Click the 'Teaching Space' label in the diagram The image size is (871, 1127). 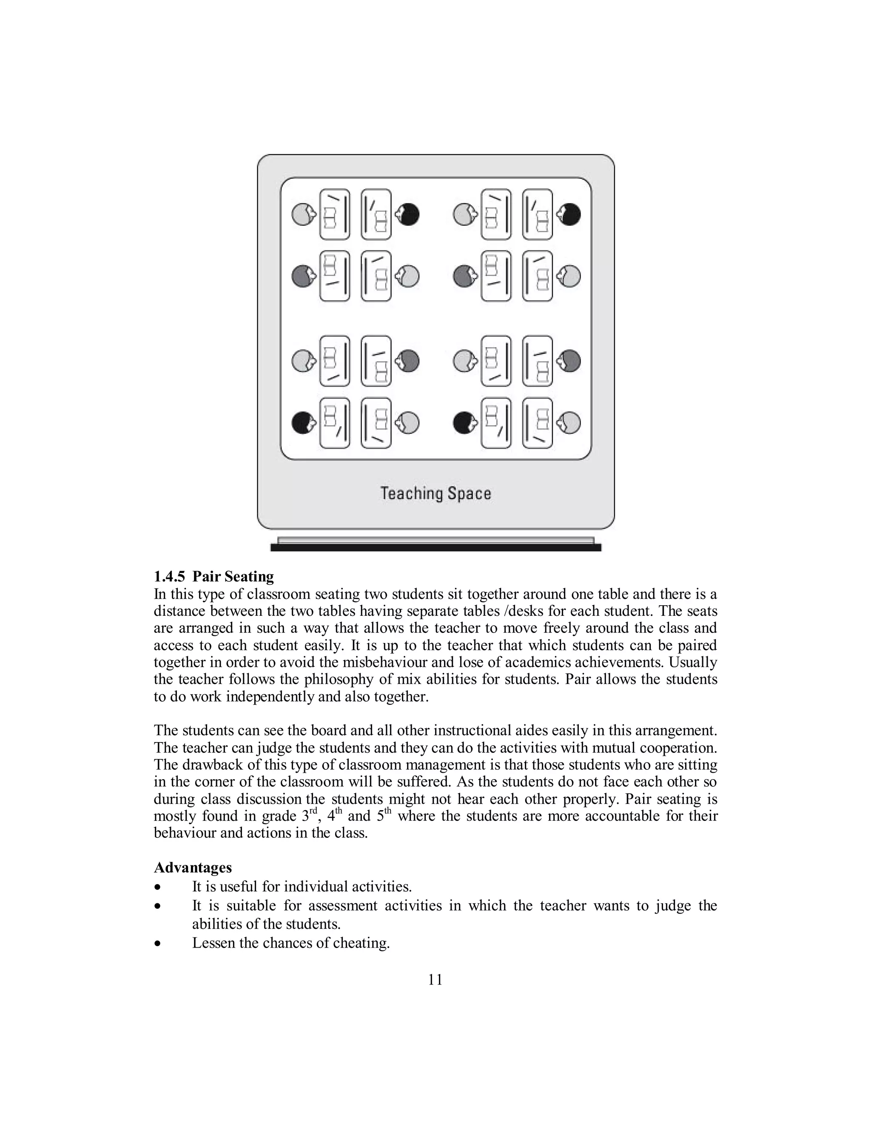435,493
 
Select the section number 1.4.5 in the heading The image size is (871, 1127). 169,576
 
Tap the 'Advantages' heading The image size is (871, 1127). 193,868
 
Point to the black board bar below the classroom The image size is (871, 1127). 435,547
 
